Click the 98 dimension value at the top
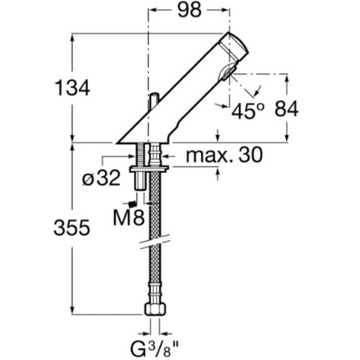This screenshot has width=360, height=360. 189,10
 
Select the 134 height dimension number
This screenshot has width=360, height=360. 73,88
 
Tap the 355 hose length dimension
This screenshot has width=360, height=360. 72,228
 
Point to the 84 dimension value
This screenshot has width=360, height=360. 287,109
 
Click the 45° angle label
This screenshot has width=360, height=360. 248,111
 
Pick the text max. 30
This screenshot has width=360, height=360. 225,156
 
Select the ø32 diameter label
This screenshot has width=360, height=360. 101,179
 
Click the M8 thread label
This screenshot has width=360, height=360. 129,217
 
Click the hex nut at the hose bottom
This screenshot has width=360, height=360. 156,310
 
